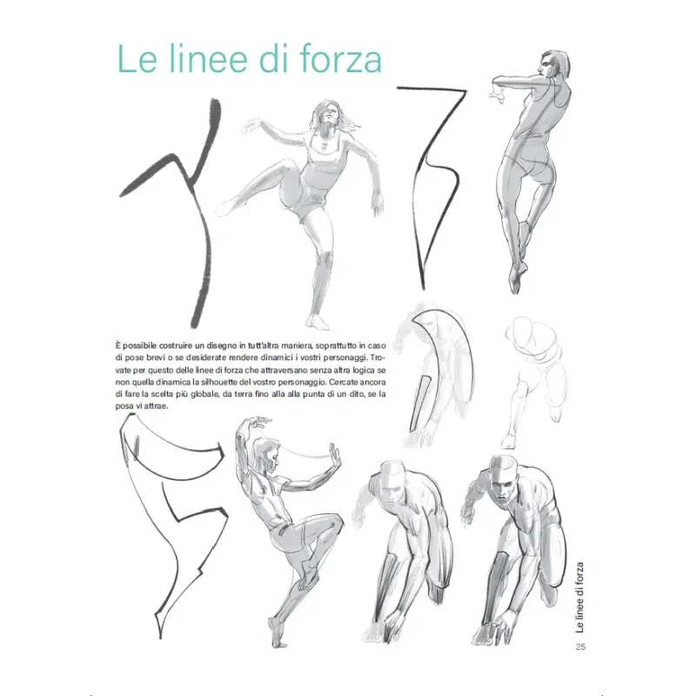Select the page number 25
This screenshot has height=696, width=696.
(580, 646)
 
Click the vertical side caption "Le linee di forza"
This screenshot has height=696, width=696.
(579, 598)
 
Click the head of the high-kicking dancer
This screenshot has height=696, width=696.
(330, 114)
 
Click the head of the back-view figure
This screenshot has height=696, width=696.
(552, 65)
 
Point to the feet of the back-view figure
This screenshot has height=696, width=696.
(518, 275)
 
